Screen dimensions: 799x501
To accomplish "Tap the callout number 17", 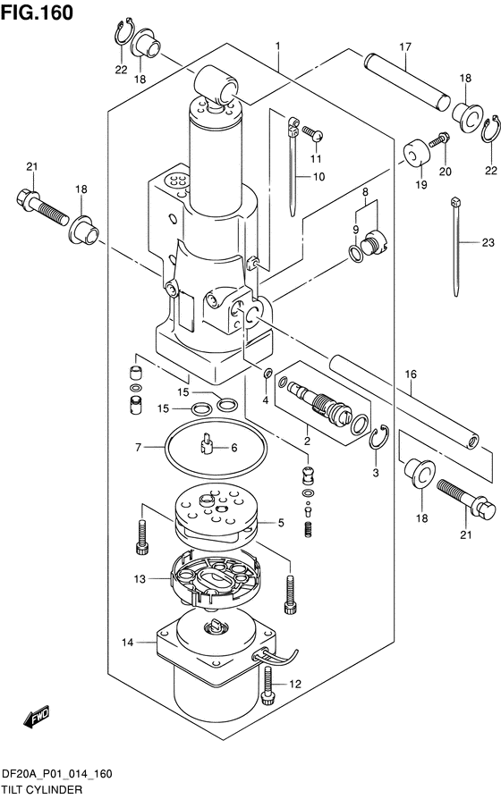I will pyautogui.click(x=404, y=46).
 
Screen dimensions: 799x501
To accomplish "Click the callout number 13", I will pyautogui.click(x=140, y=579).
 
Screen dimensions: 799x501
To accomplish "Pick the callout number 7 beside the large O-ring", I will pyautogui.click(x=139, y=446).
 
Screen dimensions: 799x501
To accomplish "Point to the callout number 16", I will pyautogui.click(x=411, y=376).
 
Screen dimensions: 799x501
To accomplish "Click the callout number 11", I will pyautogui.click(x=314, y=158).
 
